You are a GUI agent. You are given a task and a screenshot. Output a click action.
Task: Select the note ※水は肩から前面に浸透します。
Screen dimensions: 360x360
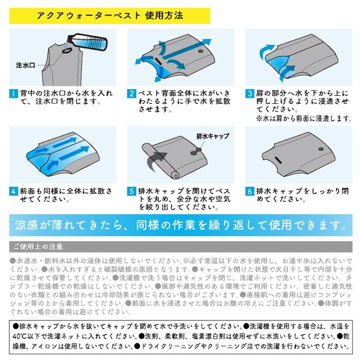point(304,118)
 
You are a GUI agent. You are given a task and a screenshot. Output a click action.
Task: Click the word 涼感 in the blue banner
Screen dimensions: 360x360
point(29,225)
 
